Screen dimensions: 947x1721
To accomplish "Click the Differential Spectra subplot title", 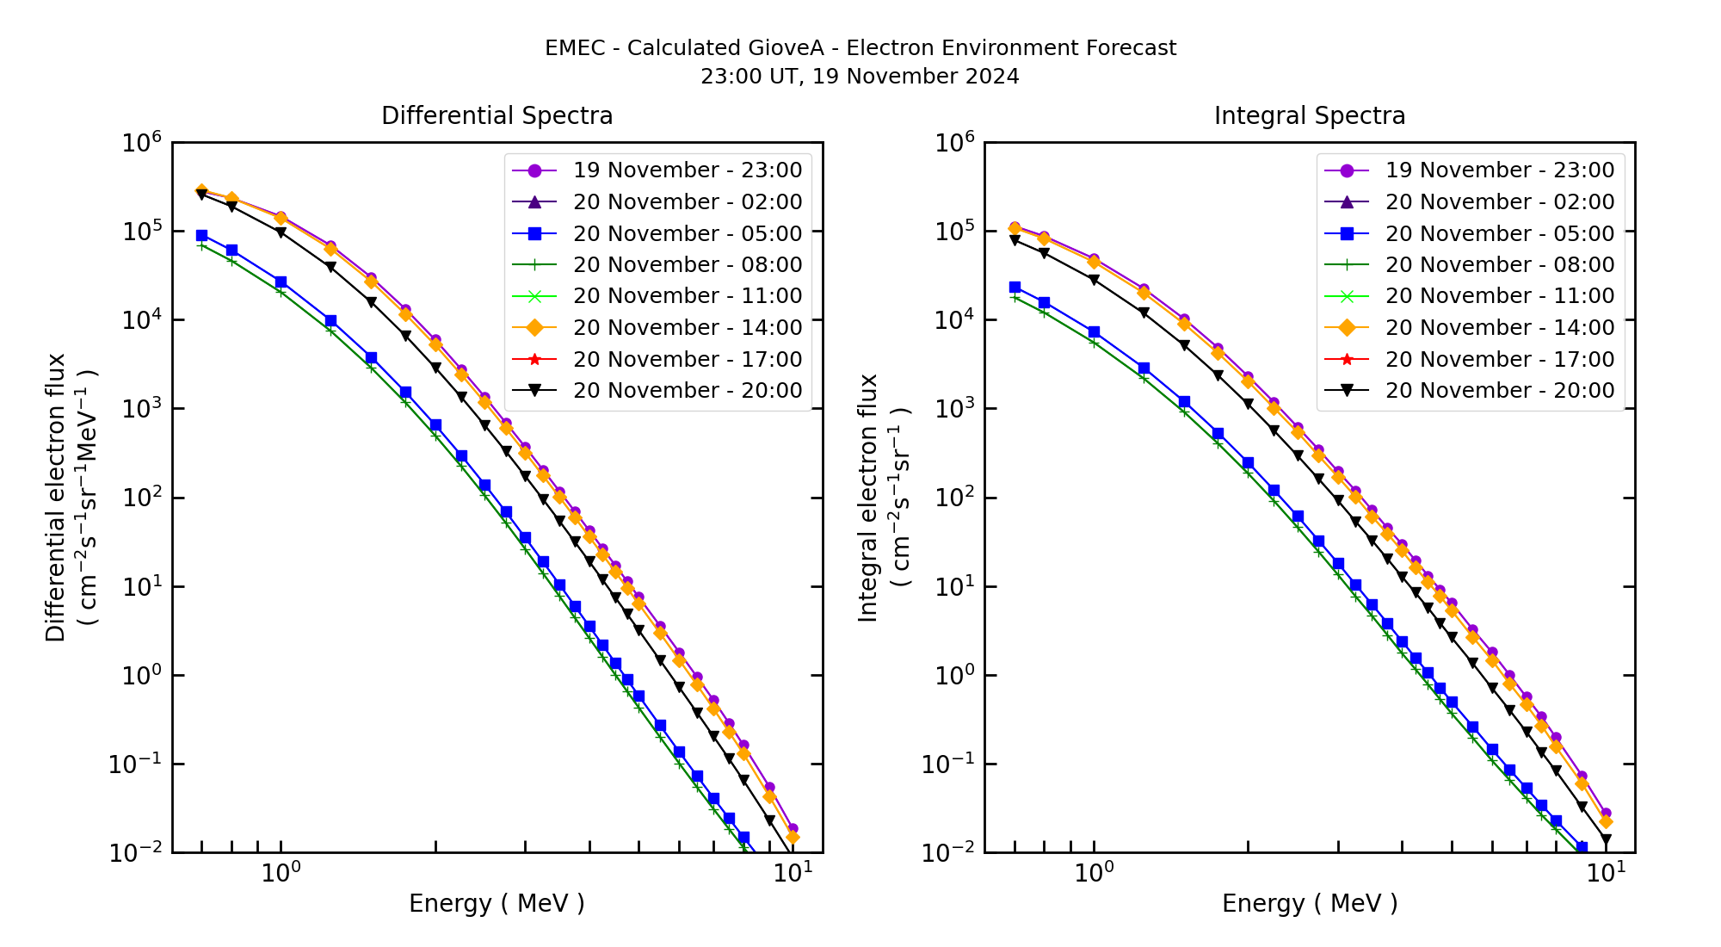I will [497, 115].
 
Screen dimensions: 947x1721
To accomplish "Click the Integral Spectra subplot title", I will [1309, 115].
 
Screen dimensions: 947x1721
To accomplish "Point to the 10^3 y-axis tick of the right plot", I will [954, 409].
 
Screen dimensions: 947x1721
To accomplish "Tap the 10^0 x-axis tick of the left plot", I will [281, 872].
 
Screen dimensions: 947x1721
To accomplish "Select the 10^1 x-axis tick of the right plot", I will [1606, 872].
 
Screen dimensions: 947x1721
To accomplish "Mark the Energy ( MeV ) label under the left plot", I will [497, 903].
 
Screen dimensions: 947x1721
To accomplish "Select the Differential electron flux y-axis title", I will [55, 498].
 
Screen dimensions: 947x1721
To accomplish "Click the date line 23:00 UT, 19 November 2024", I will [860, 77].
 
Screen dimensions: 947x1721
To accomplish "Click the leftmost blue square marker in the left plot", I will [201, 235].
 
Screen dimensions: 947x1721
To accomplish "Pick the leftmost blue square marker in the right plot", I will [1015, 287].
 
